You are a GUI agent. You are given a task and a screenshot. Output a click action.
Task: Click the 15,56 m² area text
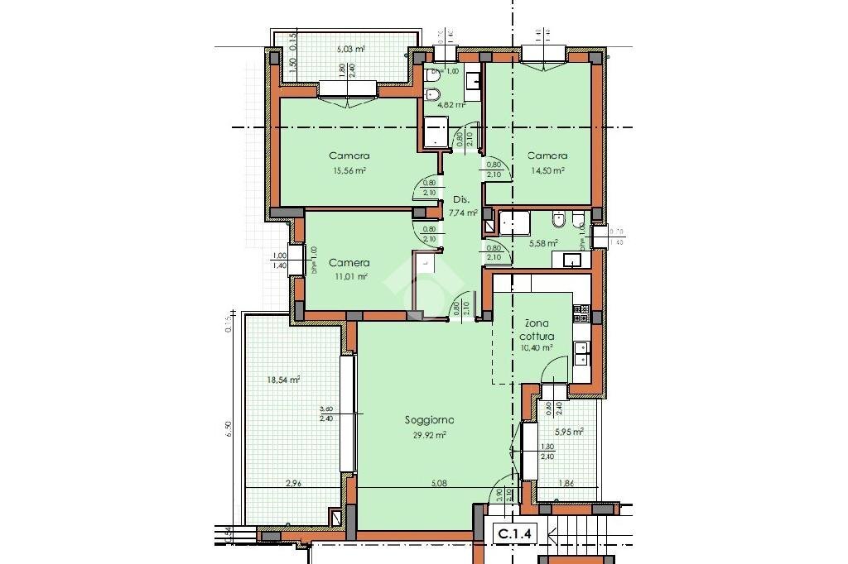tap(349, 170)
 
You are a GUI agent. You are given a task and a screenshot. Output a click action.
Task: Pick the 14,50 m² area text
tap(547, 170)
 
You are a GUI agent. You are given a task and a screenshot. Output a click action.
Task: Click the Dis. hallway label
tap(460, 199)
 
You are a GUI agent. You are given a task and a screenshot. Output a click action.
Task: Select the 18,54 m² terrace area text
tap(283, 380)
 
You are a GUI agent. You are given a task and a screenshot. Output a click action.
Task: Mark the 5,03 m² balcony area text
tap(350, 49)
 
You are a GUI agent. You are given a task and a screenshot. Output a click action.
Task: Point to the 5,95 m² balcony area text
tap(570, 431)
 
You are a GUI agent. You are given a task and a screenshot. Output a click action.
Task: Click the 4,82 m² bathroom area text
tap(451, 105)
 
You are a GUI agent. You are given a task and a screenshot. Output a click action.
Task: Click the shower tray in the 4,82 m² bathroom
tap(436, 131)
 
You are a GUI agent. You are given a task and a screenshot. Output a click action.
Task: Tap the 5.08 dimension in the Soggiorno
tap(428, 484)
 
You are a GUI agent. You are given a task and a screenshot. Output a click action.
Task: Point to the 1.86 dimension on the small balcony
tap(566, 484)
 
